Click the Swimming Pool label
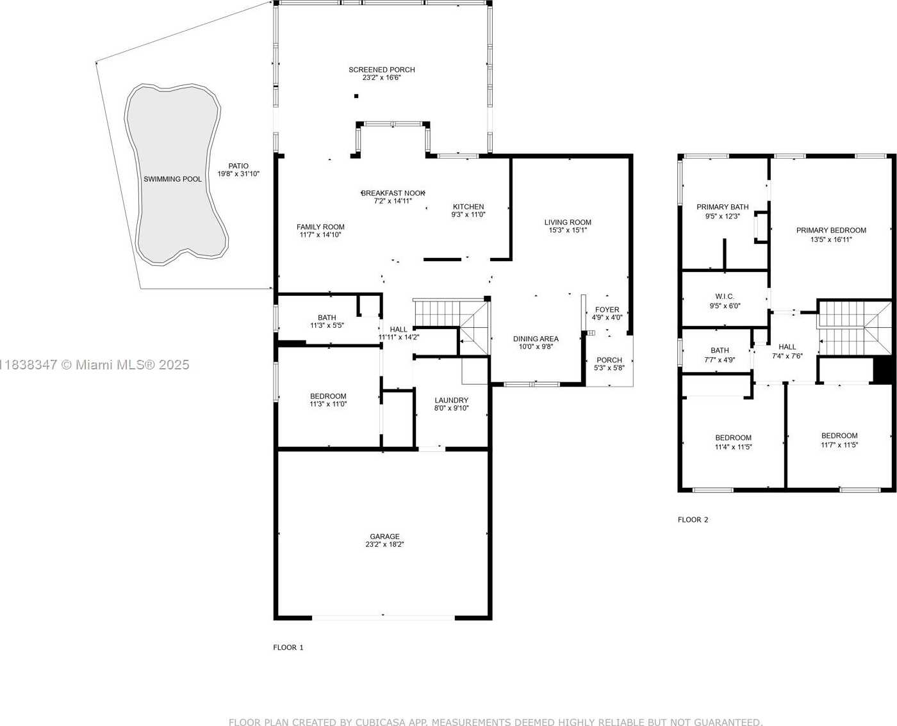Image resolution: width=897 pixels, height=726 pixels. [172, 179]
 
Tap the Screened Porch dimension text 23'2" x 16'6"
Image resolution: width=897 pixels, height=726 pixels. [381, 78]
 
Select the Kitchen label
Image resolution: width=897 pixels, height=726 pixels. [468, 207]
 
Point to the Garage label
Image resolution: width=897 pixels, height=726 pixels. [384, 536]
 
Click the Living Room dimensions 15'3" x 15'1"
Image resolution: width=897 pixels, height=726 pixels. [568, 230]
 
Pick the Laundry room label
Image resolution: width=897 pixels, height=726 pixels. [452, 400]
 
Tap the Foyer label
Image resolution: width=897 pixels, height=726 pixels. [607, 310]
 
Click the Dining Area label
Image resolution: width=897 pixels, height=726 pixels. [536, 339]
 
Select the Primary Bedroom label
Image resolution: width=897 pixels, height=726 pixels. [831, 230]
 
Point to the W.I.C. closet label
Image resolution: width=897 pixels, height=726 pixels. [725, 296]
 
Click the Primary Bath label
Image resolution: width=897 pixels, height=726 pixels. [723, 207]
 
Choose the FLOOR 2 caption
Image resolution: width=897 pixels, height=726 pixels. [693, 520]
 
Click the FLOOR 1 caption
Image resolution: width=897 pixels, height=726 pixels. [288, 647]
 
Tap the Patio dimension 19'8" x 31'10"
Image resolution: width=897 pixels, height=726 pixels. [238, 174]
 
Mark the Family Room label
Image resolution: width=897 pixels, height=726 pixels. [320, 227]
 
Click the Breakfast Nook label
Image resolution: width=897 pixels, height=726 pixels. [393, 193]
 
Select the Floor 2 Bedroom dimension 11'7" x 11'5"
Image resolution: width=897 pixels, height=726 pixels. [839, 445]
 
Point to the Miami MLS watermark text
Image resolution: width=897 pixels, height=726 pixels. [95, 365]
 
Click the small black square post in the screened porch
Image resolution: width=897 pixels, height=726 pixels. [356, 96]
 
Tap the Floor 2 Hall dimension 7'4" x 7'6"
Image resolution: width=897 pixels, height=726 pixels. [787, 356]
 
